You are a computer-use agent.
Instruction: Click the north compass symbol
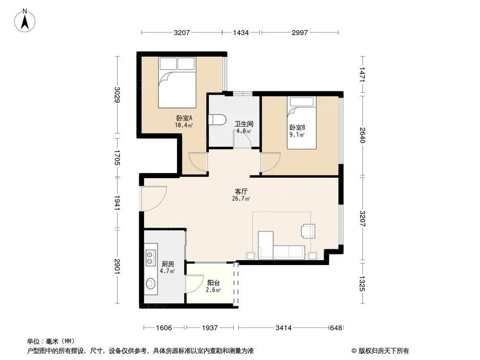point(24,21)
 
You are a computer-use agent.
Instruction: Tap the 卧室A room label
point(184,118)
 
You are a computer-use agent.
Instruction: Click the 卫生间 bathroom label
point(243,124)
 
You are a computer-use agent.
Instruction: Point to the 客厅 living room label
point(241,191)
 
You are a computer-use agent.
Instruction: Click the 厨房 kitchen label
point(168,264)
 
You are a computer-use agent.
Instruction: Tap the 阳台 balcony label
point(213,283)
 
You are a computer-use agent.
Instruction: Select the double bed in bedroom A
point(177,82)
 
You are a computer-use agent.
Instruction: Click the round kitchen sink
point(151,284)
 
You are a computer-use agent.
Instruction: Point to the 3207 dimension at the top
point(182,33)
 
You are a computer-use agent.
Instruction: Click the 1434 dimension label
point(241,33)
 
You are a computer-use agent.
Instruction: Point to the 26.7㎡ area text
point(241,198)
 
